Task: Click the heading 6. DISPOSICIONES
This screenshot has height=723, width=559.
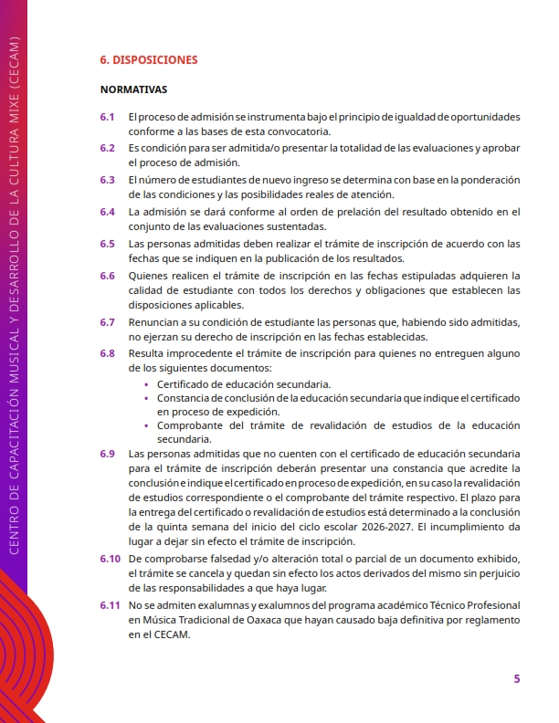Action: [149, 60]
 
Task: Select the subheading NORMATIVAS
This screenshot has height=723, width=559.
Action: [133, 90]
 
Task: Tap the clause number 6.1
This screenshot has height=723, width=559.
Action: [108, 118]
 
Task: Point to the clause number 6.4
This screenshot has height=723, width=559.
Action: [108, 212]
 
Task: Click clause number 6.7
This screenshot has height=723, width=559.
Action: [108, 322]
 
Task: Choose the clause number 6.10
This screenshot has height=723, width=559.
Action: [111, 558]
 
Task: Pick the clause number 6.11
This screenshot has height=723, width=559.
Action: [111, 605]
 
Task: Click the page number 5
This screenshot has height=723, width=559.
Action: [517, 679]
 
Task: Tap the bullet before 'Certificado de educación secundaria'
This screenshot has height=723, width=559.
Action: [148, 385]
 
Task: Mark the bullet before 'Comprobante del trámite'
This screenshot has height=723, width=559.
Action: [148, 426]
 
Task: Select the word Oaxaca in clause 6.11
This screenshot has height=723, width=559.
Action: [266, 621]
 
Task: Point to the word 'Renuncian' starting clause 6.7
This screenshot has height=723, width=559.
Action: [153, 322]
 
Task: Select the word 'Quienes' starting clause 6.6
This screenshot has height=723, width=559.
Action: [148, 275]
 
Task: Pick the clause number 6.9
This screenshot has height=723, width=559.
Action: [108, 454]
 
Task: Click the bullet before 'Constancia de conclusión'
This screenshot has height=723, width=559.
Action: [148, 399]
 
